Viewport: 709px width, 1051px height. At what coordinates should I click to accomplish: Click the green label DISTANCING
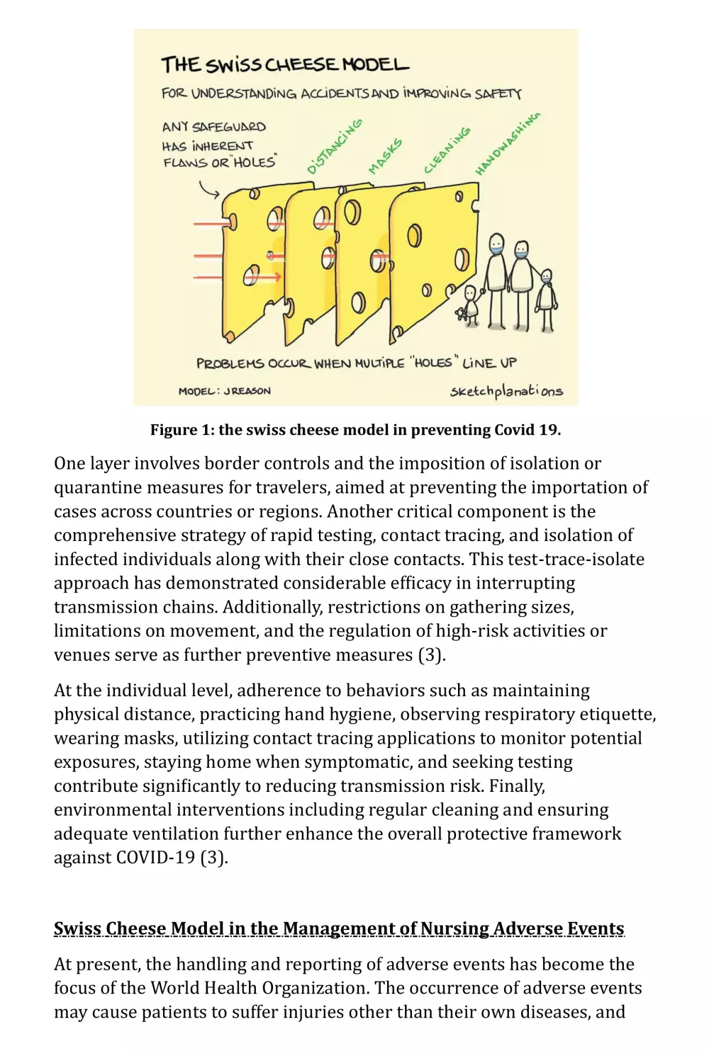click(x=335, y=147)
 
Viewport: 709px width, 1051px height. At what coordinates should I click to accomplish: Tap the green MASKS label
click(x=385, y=157)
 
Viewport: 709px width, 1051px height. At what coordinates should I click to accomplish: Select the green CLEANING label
click(x=447, y=150)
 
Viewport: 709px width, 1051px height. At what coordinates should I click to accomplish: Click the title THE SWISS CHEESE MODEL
click(x=285, y=65)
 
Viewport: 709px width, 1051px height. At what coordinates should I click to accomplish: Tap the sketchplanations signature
click(x=506, y=391)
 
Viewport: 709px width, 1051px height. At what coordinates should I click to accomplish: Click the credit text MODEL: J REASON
click(x=224, y=391)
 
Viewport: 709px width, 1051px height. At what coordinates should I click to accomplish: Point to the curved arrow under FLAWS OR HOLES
click(x=208, y=189)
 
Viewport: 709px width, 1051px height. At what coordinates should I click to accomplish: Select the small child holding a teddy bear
click(x=471, y=305)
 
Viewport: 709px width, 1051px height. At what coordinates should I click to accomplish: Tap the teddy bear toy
click(x=462, y=312)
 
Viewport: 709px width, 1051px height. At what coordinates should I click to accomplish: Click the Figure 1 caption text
click(x=355, y=430)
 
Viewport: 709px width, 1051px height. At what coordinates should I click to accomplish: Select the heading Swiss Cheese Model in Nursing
click(x=339, y=928)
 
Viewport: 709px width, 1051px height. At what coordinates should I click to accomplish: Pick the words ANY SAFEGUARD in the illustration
click(x=213, y=127)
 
